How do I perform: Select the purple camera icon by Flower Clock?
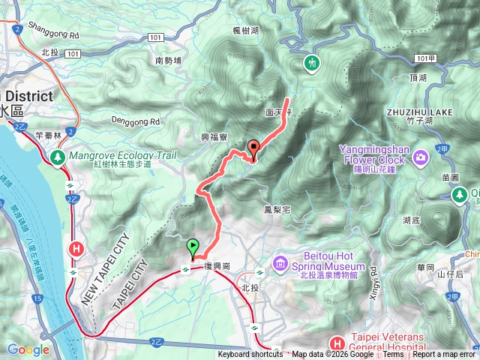tap(420, 157)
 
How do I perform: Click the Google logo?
tap(28, 349)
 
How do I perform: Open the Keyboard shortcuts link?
tap(250, 355)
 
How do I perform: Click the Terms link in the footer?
tap(393, 355)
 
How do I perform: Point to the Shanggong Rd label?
tap(53, 34)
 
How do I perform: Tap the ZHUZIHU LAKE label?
tap(419, 112)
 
